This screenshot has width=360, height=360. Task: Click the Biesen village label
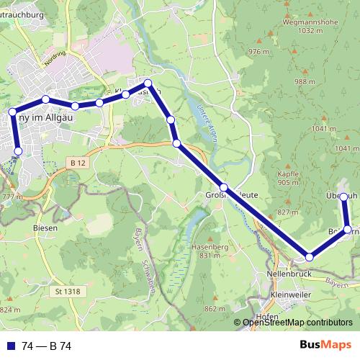pyautogui.click(x=46, y=226)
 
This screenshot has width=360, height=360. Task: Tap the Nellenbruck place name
pyautogui.click(x=288, y=274)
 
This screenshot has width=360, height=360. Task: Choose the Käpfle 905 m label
pyautogui.click(x=288, y=179)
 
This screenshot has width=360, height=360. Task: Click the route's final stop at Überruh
pyautogui.click(x=344, y=197)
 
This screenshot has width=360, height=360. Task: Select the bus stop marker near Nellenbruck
pyautogui.click(x=310, y=257)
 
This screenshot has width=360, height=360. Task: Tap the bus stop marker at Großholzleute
pyautogui.click(x=224, y=188)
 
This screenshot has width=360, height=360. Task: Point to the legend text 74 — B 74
pyautogui.click(x=47, y=346)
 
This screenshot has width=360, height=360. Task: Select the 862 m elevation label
pyautogui.click(x=216, y=308)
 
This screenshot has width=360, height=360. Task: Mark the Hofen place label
pyautogui.click(x=268, y=317)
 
